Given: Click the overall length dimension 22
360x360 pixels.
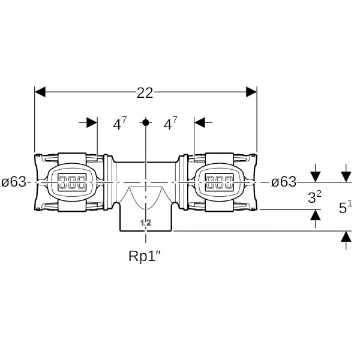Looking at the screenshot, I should (145, 92).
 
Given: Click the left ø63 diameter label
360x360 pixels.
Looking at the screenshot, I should (14, 182).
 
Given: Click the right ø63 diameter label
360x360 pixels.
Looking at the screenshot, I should (283, 182).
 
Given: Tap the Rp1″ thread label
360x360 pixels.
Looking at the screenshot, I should (145, 256).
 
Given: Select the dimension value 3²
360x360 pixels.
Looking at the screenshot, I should (315, 197).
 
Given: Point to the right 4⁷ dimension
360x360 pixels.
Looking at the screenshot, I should (171, 124).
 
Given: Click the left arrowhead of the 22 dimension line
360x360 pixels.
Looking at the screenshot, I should (40, 92).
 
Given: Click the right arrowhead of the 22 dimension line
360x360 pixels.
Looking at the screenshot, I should (251, 92).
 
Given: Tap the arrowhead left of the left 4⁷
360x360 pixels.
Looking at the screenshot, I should (92, 122).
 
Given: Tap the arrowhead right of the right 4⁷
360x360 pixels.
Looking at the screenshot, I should (200, 122).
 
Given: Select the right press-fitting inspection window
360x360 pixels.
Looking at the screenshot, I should (219, 182).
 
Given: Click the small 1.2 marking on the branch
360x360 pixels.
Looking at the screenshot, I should (145, 223).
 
